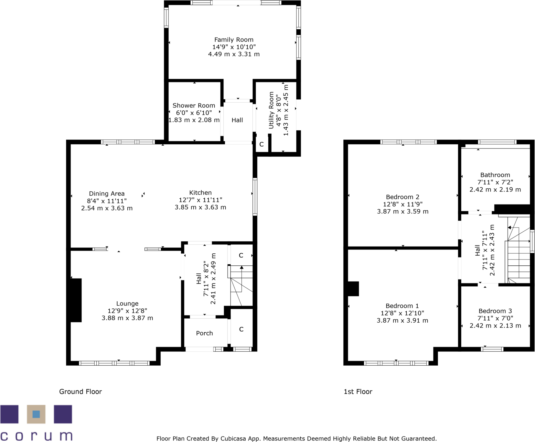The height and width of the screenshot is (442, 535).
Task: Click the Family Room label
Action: point(234,40)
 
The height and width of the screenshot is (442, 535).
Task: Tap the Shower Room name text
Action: point(194,105)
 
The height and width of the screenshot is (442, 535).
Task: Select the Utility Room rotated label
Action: point(271,110)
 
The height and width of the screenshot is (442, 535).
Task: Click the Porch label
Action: point(204,333)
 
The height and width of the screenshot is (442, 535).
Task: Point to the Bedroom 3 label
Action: point(495,311)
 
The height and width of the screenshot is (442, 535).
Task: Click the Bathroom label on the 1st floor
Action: point(495,175)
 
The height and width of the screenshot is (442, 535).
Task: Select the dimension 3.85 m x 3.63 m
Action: point(200,207)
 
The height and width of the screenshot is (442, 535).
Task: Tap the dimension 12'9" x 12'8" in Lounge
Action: point(127,311)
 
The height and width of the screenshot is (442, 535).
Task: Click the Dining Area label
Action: point(107,193)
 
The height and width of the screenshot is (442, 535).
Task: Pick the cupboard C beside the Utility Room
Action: point(262,145)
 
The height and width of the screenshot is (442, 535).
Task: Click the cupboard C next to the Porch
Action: point(241,329)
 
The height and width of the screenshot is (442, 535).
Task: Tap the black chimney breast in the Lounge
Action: point(76,300)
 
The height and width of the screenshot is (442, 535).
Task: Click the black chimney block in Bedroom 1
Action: point(353,289)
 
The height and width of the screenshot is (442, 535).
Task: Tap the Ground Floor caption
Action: point(80,392)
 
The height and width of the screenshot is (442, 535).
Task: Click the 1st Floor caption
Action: point(358,392)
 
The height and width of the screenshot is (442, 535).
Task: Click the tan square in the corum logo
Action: point(36,414)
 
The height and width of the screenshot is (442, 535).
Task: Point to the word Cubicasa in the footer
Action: point(234,439)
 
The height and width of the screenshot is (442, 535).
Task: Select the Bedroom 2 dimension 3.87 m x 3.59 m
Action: point(402,212)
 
